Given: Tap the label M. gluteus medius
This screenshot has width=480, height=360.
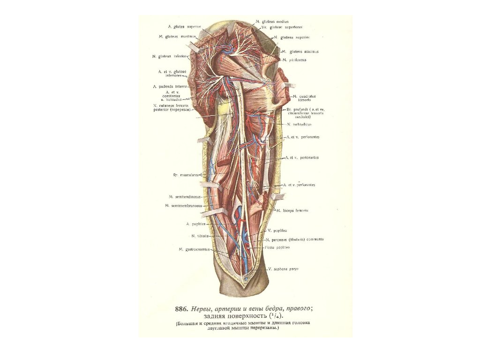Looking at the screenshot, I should coord(272,22).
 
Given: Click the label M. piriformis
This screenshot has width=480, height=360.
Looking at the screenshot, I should coord(294,60).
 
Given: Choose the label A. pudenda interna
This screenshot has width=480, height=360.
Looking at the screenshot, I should coord(170,87).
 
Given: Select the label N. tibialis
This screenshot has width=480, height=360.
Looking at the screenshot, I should coord(200,235).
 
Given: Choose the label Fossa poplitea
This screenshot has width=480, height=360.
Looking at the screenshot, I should coord(280,247).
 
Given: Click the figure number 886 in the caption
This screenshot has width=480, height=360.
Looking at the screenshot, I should coord(181,308).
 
